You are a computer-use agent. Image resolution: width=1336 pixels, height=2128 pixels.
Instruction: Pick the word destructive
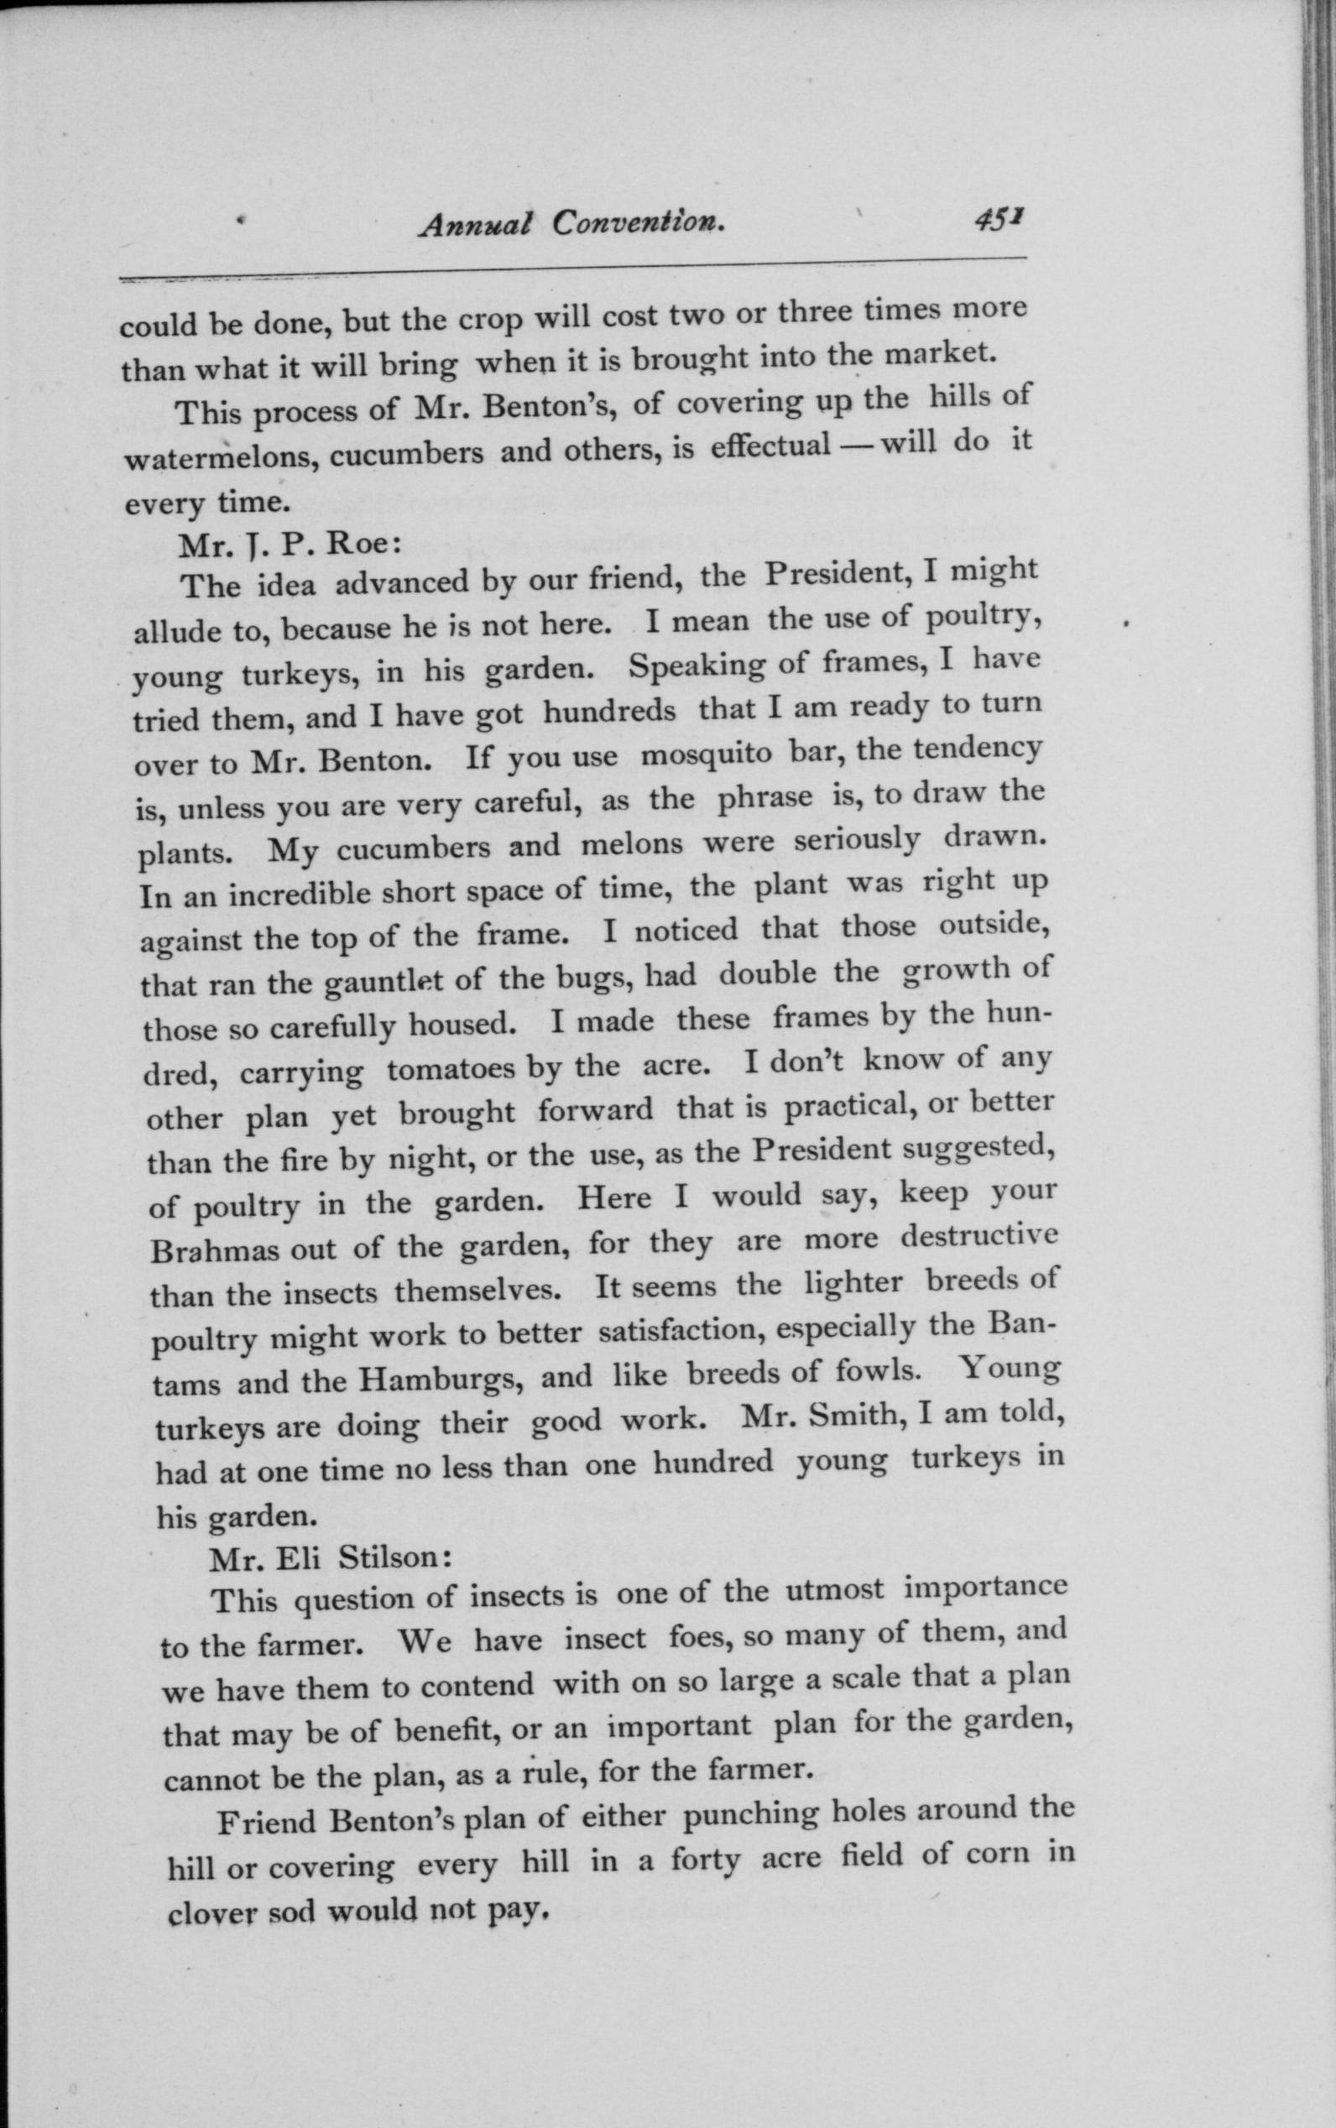click(979, 1235)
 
